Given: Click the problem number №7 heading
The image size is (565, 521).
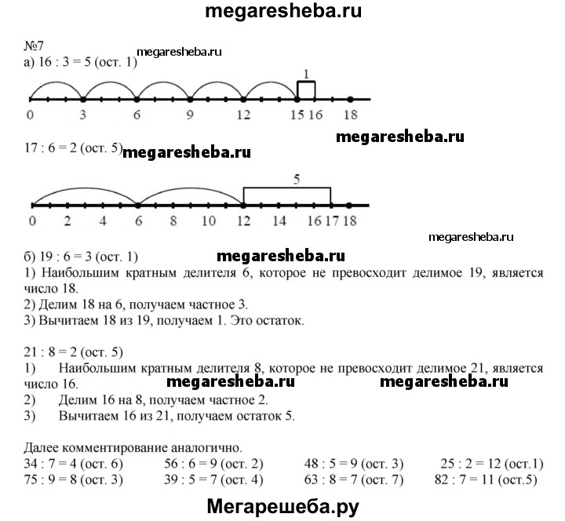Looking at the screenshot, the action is (34, 46).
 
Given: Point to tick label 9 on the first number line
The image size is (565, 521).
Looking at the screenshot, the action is (190, 115).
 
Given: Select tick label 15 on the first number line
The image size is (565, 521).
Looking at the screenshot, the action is (297, 115).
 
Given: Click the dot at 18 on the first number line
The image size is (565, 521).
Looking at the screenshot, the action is (350, 99).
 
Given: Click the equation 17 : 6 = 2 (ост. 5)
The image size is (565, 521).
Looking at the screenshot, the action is (74, 148).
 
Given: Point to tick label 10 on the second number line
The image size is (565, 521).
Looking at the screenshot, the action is (209, 220).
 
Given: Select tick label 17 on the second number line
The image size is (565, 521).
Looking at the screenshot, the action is (332, 220).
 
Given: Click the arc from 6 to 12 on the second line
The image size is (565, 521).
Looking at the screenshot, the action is (190, 188).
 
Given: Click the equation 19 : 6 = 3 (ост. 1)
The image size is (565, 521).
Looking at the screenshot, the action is (81, 257).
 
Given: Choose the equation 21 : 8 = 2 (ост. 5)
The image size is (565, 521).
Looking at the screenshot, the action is (74, 352).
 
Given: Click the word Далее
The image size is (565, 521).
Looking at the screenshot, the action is (42, 448).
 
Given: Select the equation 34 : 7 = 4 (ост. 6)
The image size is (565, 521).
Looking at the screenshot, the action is (74, 464).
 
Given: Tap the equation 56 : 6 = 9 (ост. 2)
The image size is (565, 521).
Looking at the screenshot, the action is (213, 464).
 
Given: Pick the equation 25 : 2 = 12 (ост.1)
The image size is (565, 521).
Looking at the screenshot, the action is (492, 464).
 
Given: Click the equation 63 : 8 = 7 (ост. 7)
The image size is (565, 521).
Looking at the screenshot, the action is (353, 479).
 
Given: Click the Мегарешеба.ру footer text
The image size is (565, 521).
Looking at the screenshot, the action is (282, 507).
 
